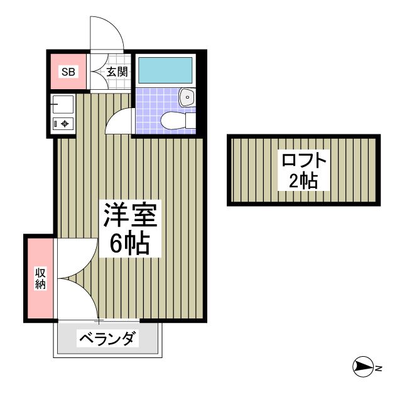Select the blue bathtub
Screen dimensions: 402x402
tap(165, 70)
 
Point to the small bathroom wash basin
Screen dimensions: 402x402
tap(187, 97)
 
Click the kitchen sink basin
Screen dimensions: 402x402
tap(63, 103)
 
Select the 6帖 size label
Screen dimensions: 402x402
tap(129, 242)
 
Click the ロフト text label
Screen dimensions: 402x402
tap(305, 160)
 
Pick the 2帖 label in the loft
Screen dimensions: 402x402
tap(303, 182)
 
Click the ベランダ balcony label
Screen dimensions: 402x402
tap(107, 340)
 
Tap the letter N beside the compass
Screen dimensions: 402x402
tap(379, 367)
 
